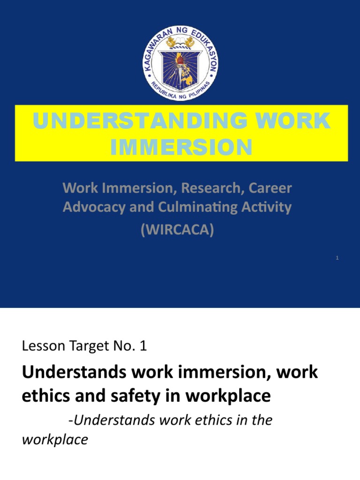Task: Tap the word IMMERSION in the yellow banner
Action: (x=181, y=147)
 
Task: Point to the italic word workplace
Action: (x=55, y=440)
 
